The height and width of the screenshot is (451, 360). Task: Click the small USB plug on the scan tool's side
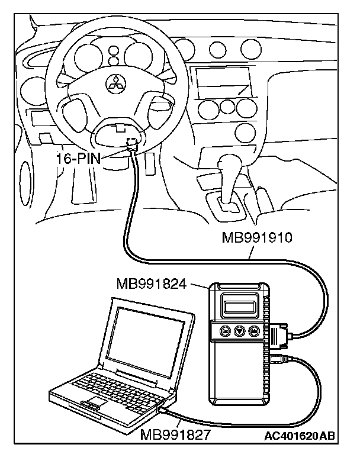tap(278, 359)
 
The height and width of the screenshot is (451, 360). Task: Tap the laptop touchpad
tap(94, 404)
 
